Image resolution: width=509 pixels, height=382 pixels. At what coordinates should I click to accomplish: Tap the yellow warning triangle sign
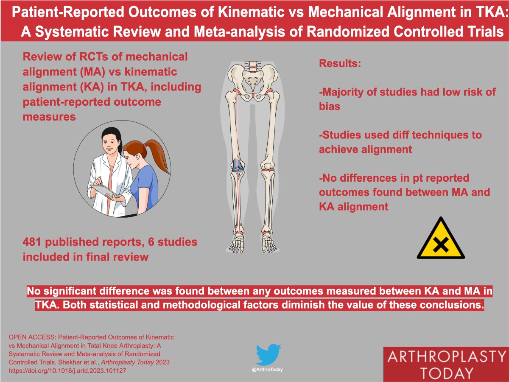(440, 241)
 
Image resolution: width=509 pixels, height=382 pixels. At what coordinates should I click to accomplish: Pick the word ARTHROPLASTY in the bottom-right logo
(445, 357)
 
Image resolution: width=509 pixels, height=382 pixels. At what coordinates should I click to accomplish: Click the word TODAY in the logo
(445, 373)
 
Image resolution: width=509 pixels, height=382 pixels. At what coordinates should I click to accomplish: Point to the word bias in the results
(330, 106)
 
